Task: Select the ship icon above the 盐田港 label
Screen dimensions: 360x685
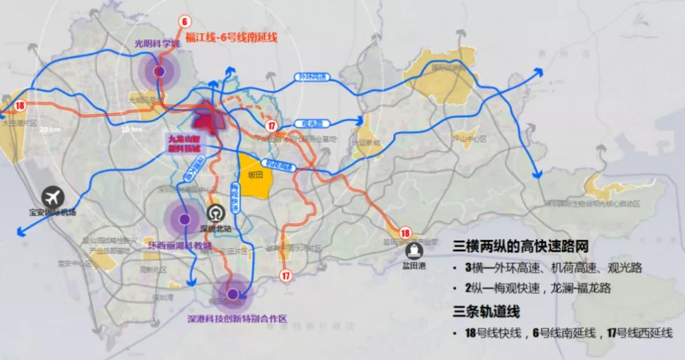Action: [x=415, y=251]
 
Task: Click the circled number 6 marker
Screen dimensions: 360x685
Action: [x=185, y=22]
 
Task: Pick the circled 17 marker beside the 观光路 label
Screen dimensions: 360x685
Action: [x=271, y=126]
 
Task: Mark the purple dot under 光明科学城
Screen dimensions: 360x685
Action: [x=159, y=71]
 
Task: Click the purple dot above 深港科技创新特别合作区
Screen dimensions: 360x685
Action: [x=233, y=294]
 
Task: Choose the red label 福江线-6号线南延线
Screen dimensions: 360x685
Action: [x=232, y=38]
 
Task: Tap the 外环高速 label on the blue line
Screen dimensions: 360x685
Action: [x=313, y=77]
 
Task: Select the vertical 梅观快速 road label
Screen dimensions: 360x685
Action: [x=235, y=197]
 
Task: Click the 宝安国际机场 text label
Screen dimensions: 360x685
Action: [x=52, y=212]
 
